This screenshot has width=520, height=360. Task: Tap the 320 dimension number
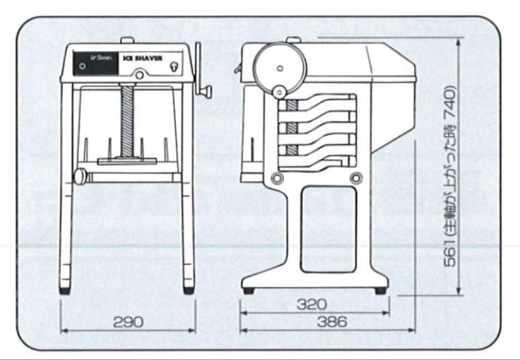[312, 305]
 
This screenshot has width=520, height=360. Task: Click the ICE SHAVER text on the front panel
[143, 59]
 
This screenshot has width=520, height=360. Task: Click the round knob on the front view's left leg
[79, 176]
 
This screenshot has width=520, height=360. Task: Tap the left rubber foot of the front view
[65, 291]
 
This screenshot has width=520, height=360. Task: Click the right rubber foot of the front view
[188, 291]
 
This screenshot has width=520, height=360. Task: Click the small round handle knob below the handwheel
[279, 91]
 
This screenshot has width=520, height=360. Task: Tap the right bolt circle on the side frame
[356, 178]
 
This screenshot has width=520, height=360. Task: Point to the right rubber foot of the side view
[380, 291]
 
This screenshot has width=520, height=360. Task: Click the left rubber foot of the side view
[248, 291]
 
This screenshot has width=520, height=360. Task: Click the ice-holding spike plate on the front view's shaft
[127, 161]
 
